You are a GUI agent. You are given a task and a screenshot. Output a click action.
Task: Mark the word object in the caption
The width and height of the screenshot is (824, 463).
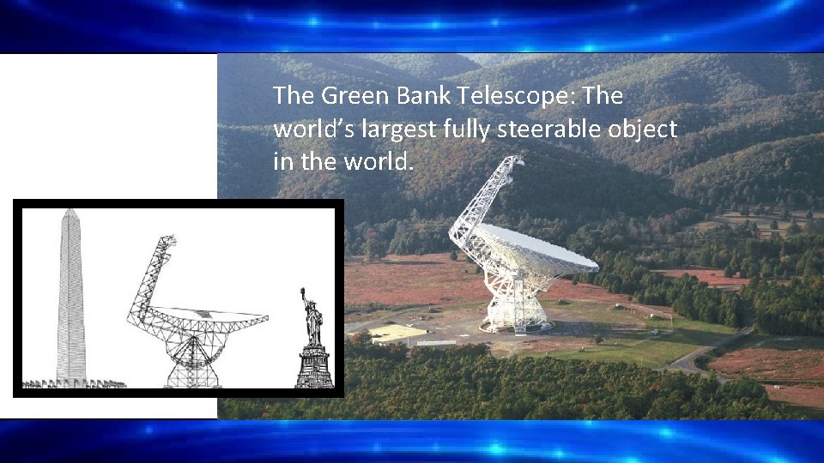tap(650, 129)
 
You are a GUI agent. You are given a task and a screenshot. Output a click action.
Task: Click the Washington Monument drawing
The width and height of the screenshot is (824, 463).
tap(70, 300)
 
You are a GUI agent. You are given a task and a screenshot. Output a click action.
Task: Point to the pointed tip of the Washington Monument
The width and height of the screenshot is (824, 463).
tap(70, 210)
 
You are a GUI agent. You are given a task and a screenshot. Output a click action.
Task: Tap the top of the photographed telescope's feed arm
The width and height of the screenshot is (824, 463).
tap(514, 160)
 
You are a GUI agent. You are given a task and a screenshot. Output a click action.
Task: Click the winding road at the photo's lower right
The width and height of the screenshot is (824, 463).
tap(704, 352)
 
